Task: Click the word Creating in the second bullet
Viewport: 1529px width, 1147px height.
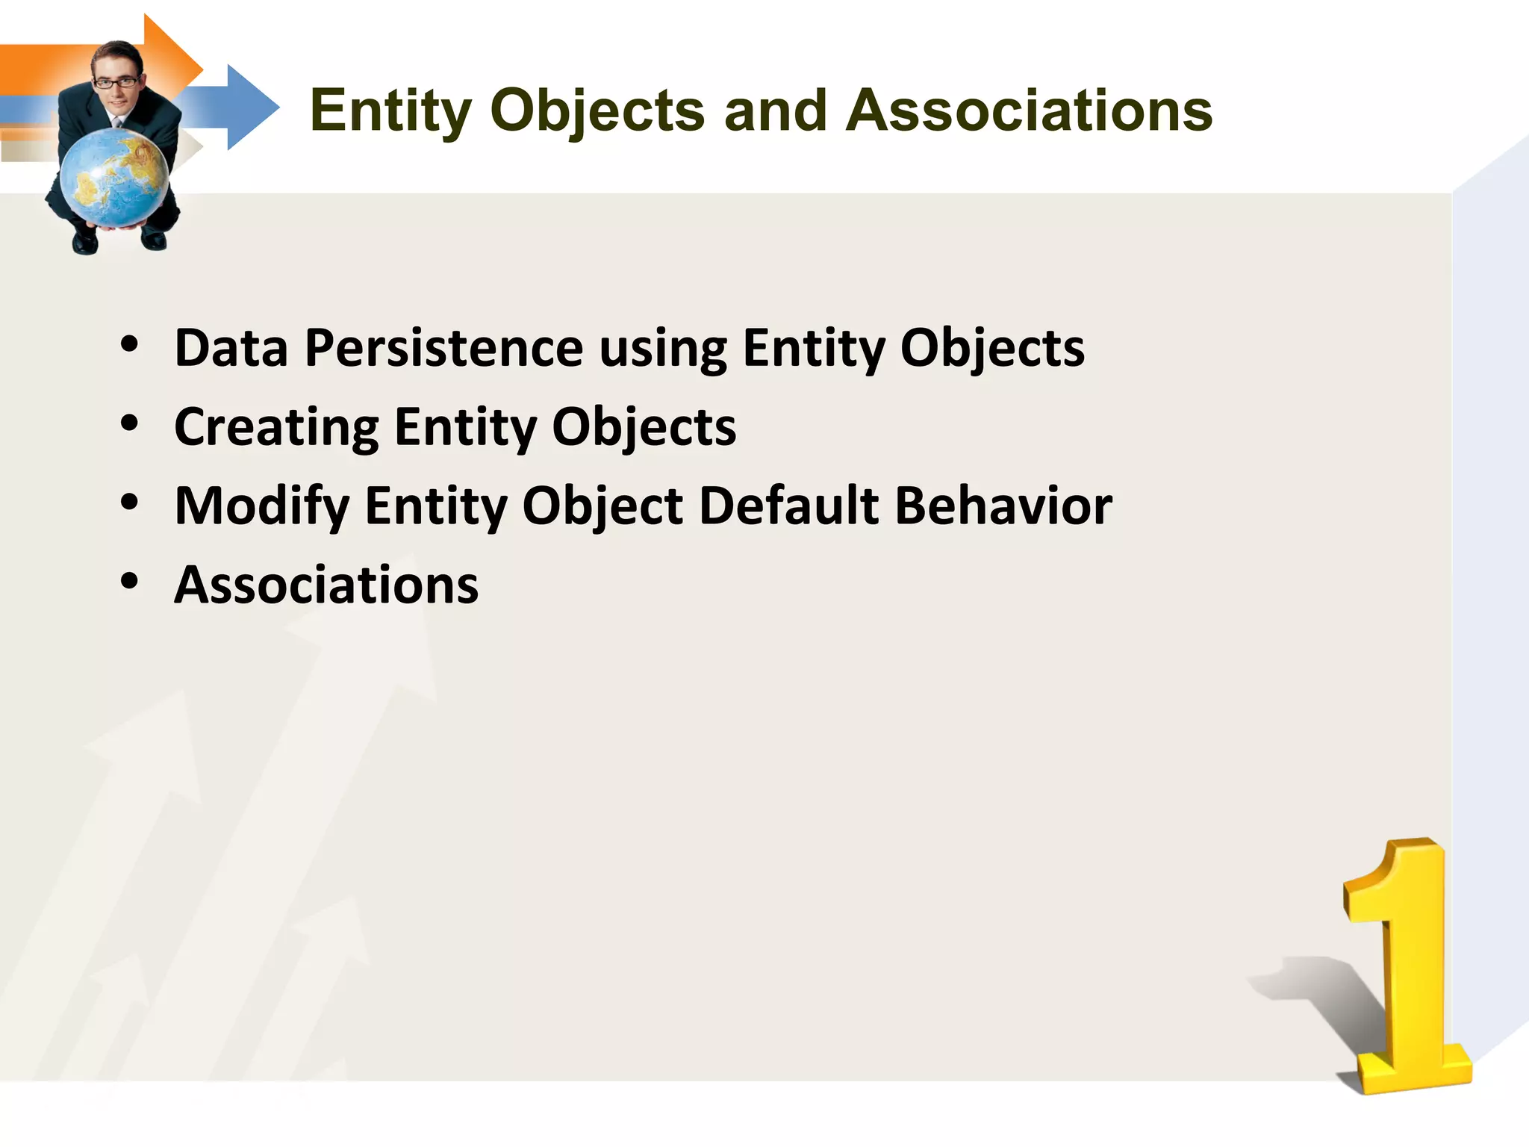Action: tap(276, 428)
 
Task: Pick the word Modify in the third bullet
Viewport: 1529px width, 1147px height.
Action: tap(261, 506)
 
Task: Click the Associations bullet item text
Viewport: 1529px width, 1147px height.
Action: tap(326, 585)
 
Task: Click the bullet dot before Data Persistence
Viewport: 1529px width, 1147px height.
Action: tap(130, 345)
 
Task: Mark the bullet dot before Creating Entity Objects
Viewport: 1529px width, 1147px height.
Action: tap(130, 424)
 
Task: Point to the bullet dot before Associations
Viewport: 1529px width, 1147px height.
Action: tap(130, 581)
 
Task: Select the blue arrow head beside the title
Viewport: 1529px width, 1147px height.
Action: tap(250, 108)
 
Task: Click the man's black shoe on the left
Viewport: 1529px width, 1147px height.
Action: tap(84, 243)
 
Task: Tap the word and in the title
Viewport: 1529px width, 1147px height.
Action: tap(775, 111)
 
